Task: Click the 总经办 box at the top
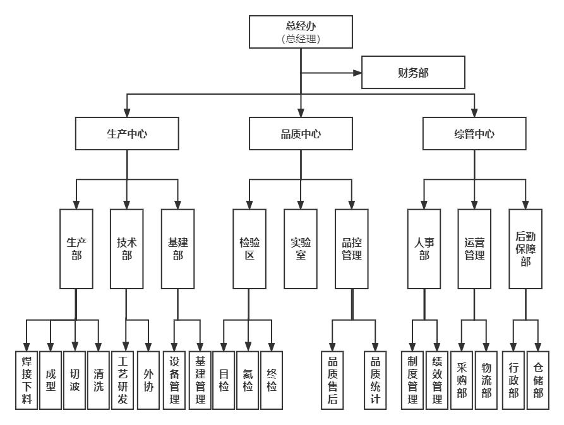click(x=300, y=32)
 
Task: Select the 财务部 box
click(x=413, y=73)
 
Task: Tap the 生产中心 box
click(x=127, y=134)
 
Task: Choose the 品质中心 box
click(x=301, y=134)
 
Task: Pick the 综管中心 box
click(x=474, y=134)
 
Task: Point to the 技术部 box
click(x=127, y=249)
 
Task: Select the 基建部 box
click(x=178, y=249)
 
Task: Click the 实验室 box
click(x=301, y=249)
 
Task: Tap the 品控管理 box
click(x=351, y=249)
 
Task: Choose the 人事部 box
click(x=424, y=249)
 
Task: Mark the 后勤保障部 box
click(x=525, y=249)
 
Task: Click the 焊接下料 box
click(x=27, y=380)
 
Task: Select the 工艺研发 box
click(x=123, y=380)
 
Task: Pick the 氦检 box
click(x=248, y=380)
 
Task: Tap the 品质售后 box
click(x=332, y=380)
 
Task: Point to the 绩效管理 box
click(x=436, y=380)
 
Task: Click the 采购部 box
click(x=462, y=380)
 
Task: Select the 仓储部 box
click(x=537, y=380)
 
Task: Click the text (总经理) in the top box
click(x=300, y=39)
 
